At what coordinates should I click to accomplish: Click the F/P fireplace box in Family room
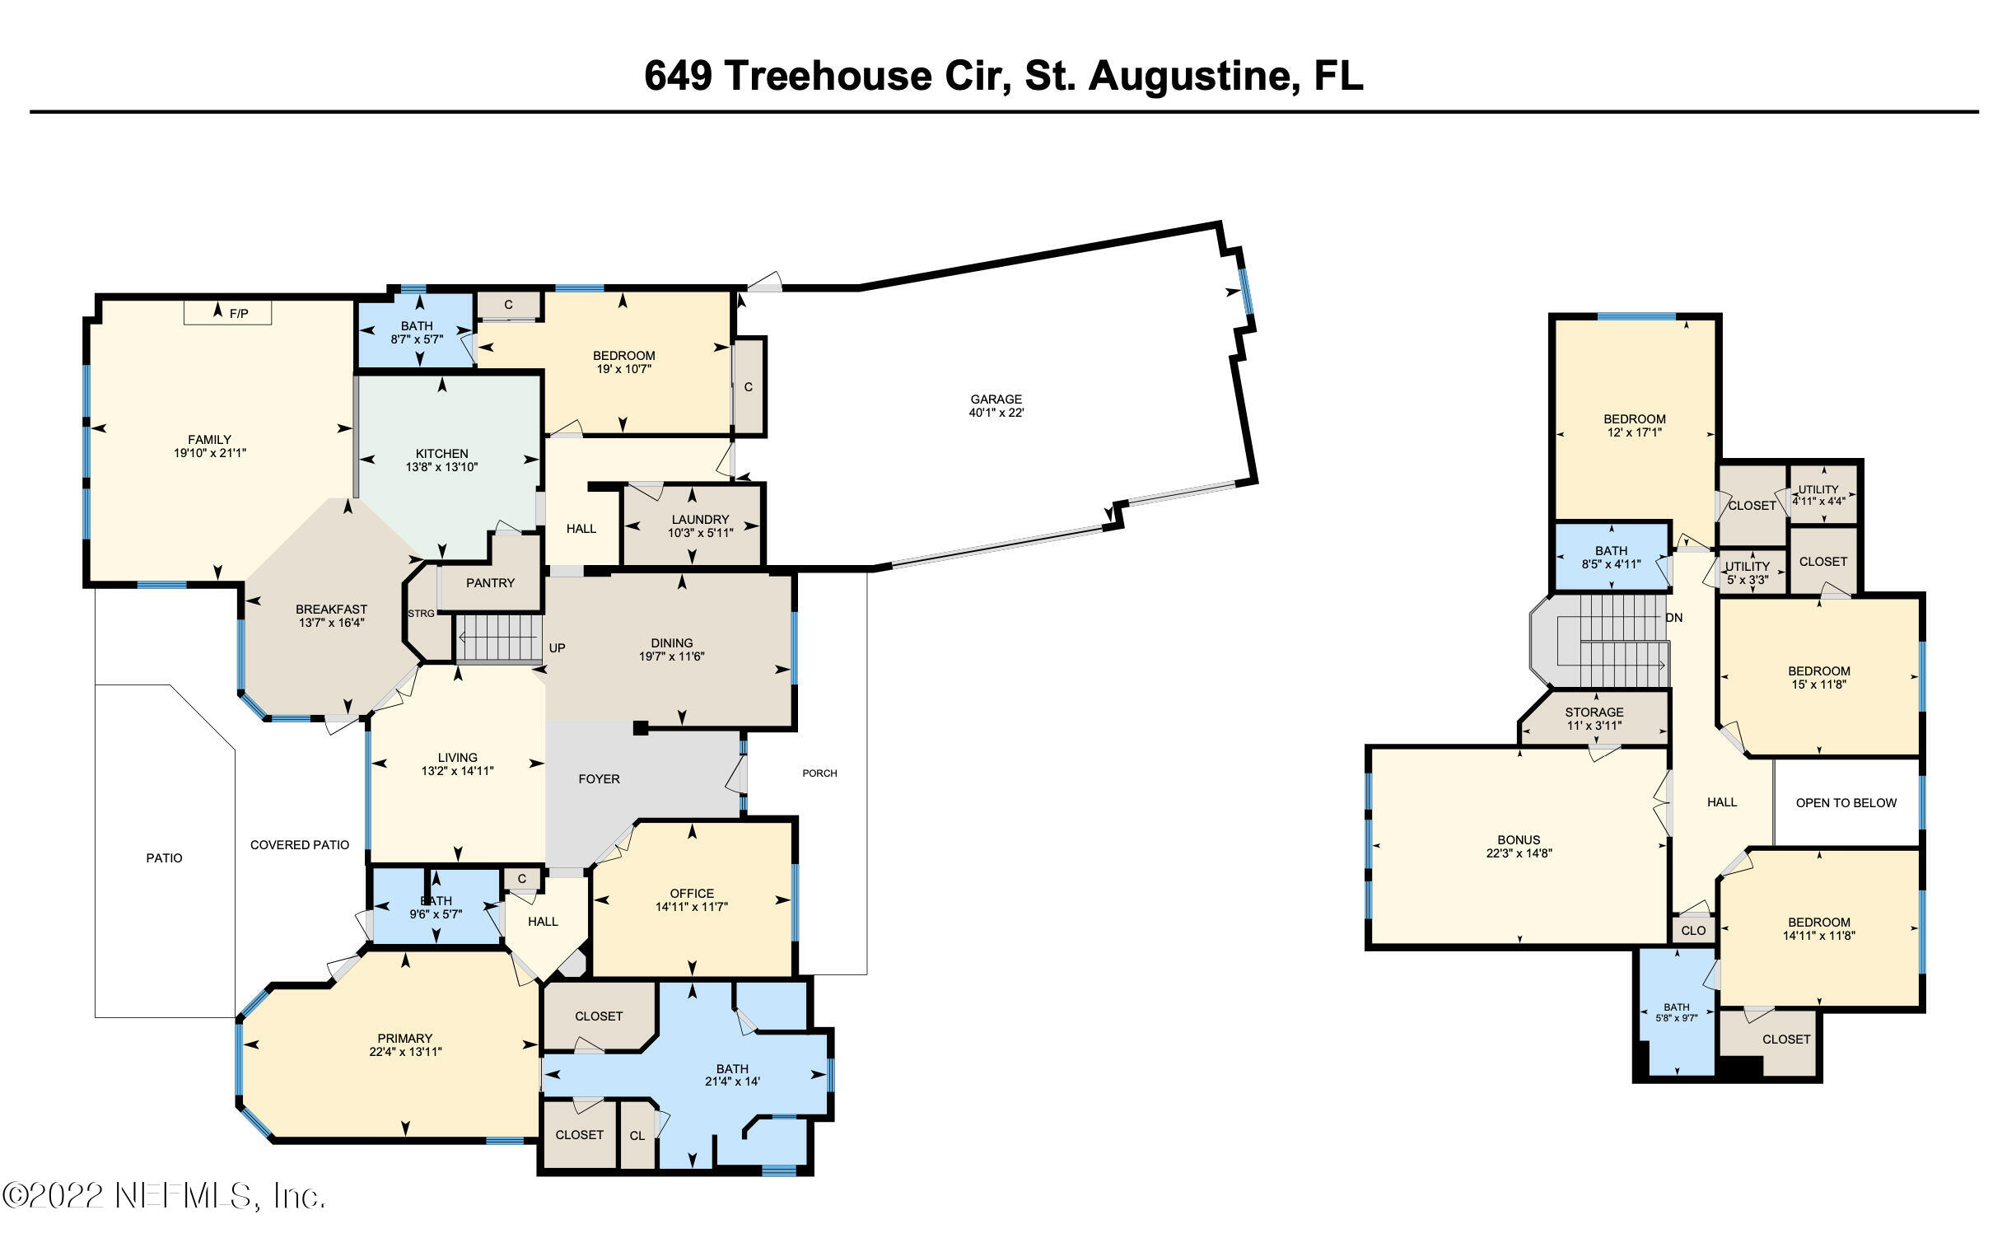coord(227,312)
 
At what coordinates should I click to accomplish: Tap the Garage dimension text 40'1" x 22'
coord(996,413)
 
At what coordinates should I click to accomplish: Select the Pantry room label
coord(490,583)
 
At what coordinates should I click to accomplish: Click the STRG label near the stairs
coord(422,614)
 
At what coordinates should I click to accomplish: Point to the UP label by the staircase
coord(558,647)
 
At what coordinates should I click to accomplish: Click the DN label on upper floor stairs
coord(1674,618)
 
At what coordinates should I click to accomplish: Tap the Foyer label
coord(599,779)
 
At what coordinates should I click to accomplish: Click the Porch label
coord(819,773)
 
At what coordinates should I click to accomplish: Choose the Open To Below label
coord(1846,803)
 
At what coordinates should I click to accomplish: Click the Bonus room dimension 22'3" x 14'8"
coord(1519,853)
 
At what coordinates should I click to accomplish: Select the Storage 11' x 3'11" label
coord(1594,719)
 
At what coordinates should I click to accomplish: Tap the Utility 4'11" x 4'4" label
coord(1819,495)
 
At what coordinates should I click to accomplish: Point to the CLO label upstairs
coord(1693,931)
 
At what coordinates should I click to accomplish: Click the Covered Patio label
coord(300,845)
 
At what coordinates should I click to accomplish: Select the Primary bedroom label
coord(405,1039)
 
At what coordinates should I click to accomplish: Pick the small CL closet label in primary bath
coord(637,1136)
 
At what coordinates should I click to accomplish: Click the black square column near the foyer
coord(640,728)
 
